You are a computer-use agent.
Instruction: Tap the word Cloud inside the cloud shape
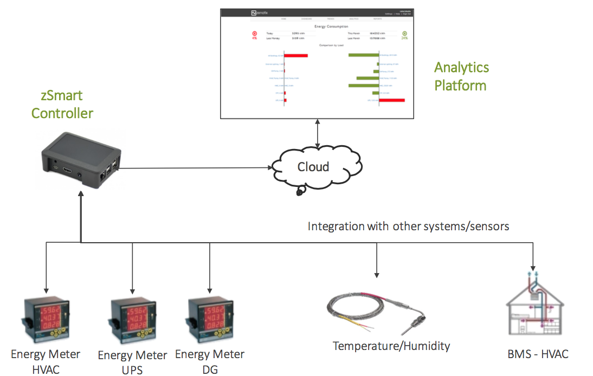pyautogui.click(x=313, y=166)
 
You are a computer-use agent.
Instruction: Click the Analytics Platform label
pyautogui.click(x=461, y=76)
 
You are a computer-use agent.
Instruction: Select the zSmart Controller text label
pyautogui.click(x=62, y=105)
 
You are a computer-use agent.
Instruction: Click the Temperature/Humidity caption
pyautogui.click(x=391, y=346)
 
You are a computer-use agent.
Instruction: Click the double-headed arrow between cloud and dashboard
pyautogui.click(x=318, y=133)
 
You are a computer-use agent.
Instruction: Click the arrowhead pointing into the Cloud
pyautogui.click(x=268, y=167)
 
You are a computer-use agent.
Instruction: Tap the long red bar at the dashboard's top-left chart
pyautogui.click(x=295, y=55)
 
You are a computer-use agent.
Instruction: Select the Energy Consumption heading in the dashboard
pyautogui.click(x=331, y=26)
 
